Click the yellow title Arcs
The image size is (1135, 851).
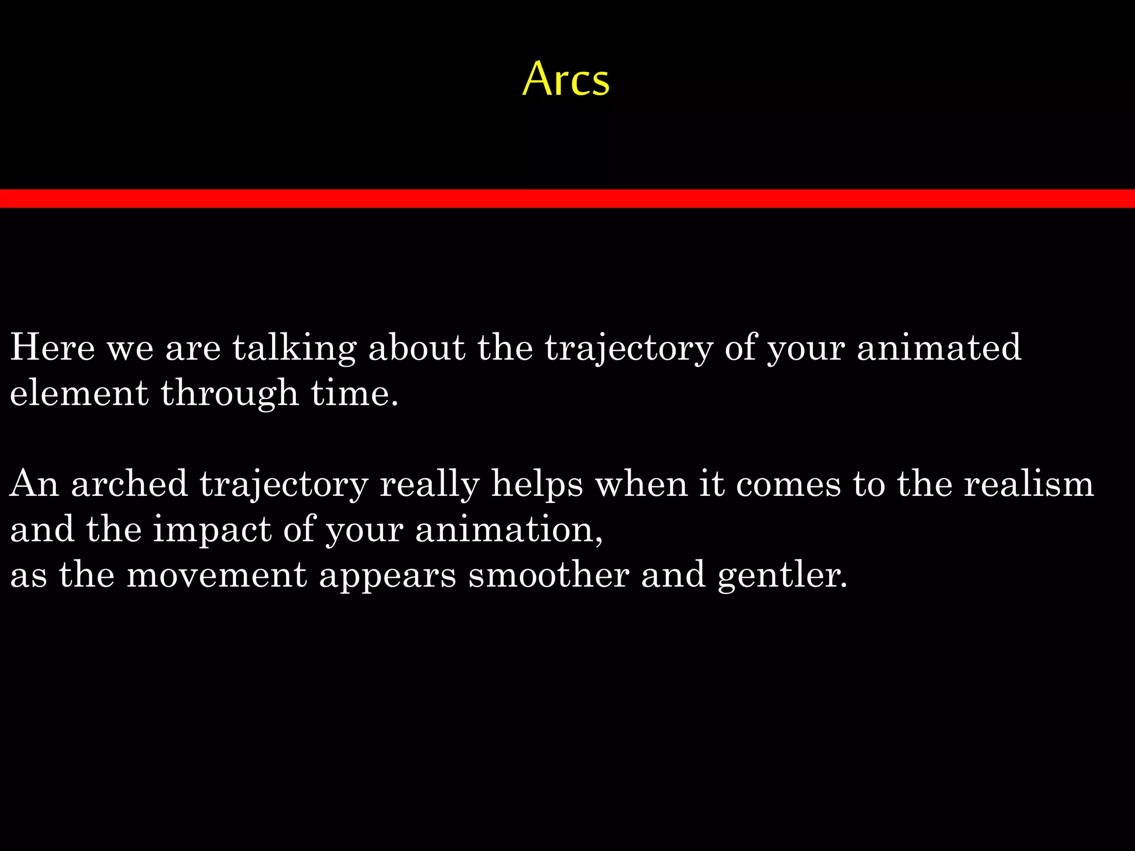(566, 79)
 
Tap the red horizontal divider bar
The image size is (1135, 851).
(567, 198)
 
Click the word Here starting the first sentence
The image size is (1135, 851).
(53, 347)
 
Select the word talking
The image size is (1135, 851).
(294, 348)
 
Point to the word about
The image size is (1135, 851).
(417, 347)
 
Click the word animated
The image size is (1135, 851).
(939, 347)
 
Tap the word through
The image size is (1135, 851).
(230, 394)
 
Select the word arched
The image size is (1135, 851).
(130, 483)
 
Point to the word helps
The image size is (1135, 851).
(537, 484)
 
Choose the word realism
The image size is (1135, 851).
(1029, 483)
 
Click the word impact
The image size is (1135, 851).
(212, 530)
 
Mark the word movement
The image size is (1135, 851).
(217, 575)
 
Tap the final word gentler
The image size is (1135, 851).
(782, 576)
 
